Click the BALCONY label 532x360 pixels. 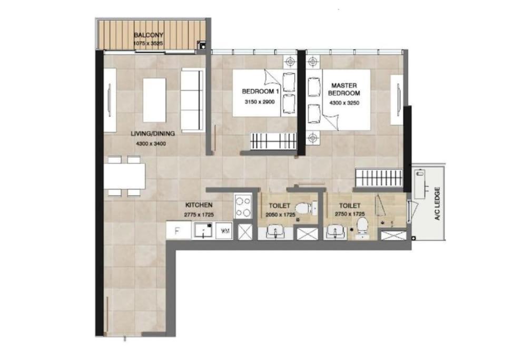click(x=149, y=35)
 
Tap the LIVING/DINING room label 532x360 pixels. click(x=153, y=133)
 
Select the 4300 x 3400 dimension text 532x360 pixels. click(x=151, y=144)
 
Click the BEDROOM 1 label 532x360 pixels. click(x=260, y=91)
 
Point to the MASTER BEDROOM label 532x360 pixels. click(x=344, y=89)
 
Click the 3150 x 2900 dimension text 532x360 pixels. click(x=260, y=102)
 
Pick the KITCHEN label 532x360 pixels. click(x=199, y=205)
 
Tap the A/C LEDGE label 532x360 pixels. click(x=437, y=204)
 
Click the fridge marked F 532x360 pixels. click(x=179, y=231)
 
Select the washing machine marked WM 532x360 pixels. click(x=224, y=231)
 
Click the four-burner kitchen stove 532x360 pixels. click(x=243, y=206)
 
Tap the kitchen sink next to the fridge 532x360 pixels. click(x=203, y=231)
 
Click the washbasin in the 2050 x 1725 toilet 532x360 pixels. click(x=275, y=233)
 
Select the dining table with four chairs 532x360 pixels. click(x=125, y=176)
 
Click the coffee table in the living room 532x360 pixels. click(x=154, y=100)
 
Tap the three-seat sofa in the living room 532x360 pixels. click(x=192, y=100)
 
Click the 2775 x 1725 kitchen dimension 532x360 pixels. click(x=199, y=215)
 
